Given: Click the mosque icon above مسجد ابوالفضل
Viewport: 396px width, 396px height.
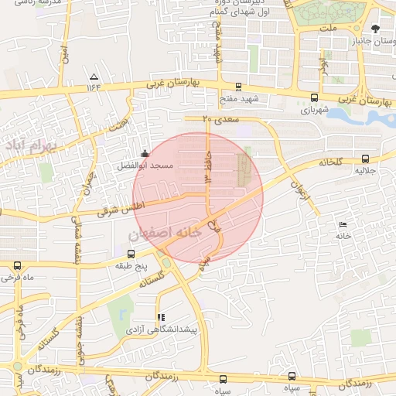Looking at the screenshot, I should click(145, 153).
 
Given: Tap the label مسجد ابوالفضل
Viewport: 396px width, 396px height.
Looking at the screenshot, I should click(142, 166).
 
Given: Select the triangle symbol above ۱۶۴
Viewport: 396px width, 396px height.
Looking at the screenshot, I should click(94, 77).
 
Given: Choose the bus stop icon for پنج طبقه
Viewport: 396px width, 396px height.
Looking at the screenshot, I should click(130, 254).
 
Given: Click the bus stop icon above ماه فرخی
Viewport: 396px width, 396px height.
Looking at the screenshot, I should click(17, 266).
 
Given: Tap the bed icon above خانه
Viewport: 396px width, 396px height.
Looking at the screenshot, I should click(343, 224).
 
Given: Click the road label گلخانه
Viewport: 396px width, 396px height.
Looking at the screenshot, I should click(330, 162).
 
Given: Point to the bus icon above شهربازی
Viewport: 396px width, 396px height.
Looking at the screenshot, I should click(314, 98).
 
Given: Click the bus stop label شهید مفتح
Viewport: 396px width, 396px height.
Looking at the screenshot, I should click(237, 99).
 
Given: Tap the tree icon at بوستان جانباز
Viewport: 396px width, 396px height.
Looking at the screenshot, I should click(376, 29).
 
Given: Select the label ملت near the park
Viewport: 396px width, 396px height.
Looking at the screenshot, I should click(331, 28).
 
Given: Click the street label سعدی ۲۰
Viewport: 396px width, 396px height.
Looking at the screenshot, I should click(221, 119).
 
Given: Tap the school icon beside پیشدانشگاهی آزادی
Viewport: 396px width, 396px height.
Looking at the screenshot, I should click(161, 317).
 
